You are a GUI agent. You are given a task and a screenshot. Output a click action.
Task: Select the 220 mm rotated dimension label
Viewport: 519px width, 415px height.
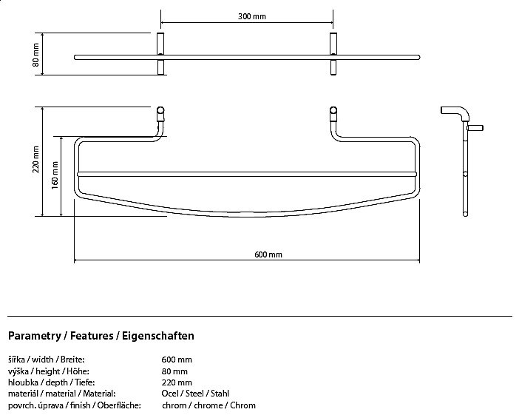[35, 162]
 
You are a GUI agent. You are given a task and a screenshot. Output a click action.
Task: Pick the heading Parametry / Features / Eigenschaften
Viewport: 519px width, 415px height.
[101, 336]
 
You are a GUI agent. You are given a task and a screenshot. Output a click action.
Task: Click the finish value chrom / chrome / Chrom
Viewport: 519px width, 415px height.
[208, 405]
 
